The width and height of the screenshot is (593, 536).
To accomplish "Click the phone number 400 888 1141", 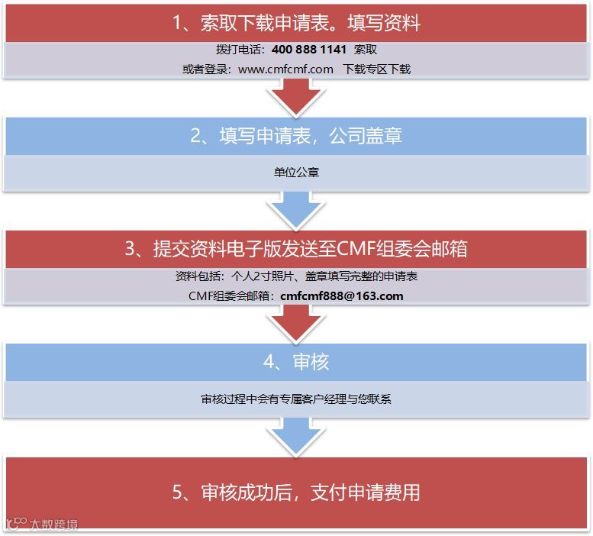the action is [308, 50].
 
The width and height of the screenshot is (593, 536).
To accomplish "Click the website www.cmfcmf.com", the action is [285, 69].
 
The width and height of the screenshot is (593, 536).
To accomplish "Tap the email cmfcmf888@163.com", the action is [342, 295].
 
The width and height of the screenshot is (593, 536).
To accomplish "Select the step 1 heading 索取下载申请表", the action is [296, 23].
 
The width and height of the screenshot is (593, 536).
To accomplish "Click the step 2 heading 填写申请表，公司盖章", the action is [296, 136].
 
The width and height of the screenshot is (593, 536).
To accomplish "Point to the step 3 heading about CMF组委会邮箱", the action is [296, 249].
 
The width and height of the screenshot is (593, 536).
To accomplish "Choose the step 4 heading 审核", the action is [296, 361].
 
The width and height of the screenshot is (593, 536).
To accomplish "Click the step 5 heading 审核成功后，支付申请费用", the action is [296, 492].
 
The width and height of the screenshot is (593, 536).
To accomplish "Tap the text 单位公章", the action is [296, 173].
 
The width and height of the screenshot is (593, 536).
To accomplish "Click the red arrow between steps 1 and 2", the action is [296, 95].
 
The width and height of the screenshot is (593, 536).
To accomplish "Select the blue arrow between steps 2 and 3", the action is [296, 208].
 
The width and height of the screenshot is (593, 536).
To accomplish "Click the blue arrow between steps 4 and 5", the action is [296, 435].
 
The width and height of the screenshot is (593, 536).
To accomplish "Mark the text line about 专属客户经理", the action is [296, 399].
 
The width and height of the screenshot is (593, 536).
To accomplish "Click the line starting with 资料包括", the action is [296, 276].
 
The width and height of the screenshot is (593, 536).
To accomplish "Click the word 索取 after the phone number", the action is [366, 50].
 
